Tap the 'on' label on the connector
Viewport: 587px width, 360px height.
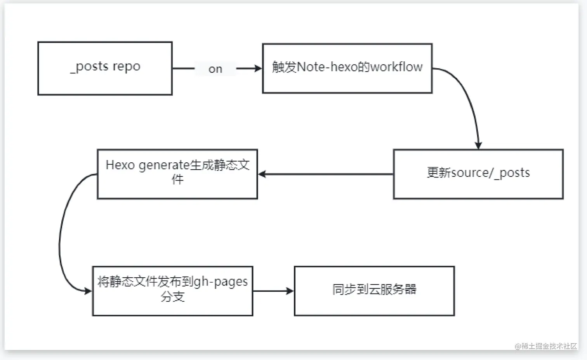[x=215, y=69]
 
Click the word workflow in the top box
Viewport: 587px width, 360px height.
[x=396, y=67]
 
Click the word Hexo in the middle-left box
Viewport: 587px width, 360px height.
[x=120, y=165]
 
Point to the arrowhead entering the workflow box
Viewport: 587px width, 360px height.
[x=258, y=69]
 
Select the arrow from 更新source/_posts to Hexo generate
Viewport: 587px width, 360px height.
[x=326, y=174]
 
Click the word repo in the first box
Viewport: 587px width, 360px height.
[x=126, y=66]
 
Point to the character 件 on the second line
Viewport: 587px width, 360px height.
[x=177, y=179]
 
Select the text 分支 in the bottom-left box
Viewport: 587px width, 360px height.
[x=173, y=297]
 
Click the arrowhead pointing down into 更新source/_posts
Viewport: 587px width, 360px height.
[x=478, y=145]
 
